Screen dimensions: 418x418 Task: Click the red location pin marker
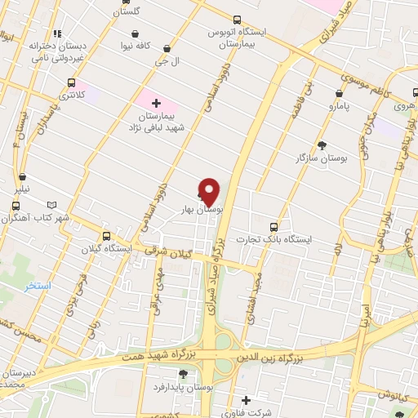point(210,191)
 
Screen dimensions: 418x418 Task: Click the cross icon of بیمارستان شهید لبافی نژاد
point(156,102)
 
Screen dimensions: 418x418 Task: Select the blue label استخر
point(38,287)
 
